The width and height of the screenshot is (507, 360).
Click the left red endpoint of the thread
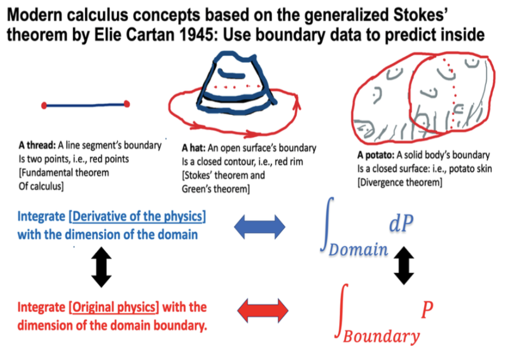tap(44, 105)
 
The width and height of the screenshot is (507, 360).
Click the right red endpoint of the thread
tap(127, 104)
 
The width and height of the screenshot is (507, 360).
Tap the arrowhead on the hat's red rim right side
tap(297, 100)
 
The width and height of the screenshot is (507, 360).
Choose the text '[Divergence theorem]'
tap(399, 182)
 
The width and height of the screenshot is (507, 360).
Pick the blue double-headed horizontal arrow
tap(260, 227)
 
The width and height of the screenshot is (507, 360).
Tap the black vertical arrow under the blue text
tap(101, 267)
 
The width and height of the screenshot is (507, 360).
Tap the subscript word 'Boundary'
tap(381, 336)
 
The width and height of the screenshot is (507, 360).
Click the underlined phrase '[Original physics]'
tap(114, 308)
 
